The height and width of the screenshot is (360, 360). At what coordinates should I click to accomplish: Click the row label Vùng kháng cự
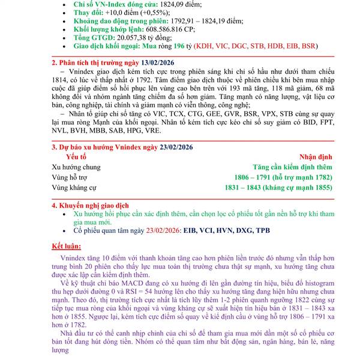(x=74, y=188)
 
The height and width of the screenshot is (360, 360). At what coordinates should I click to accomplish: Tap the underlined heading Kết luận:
(x=67, y=246)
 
